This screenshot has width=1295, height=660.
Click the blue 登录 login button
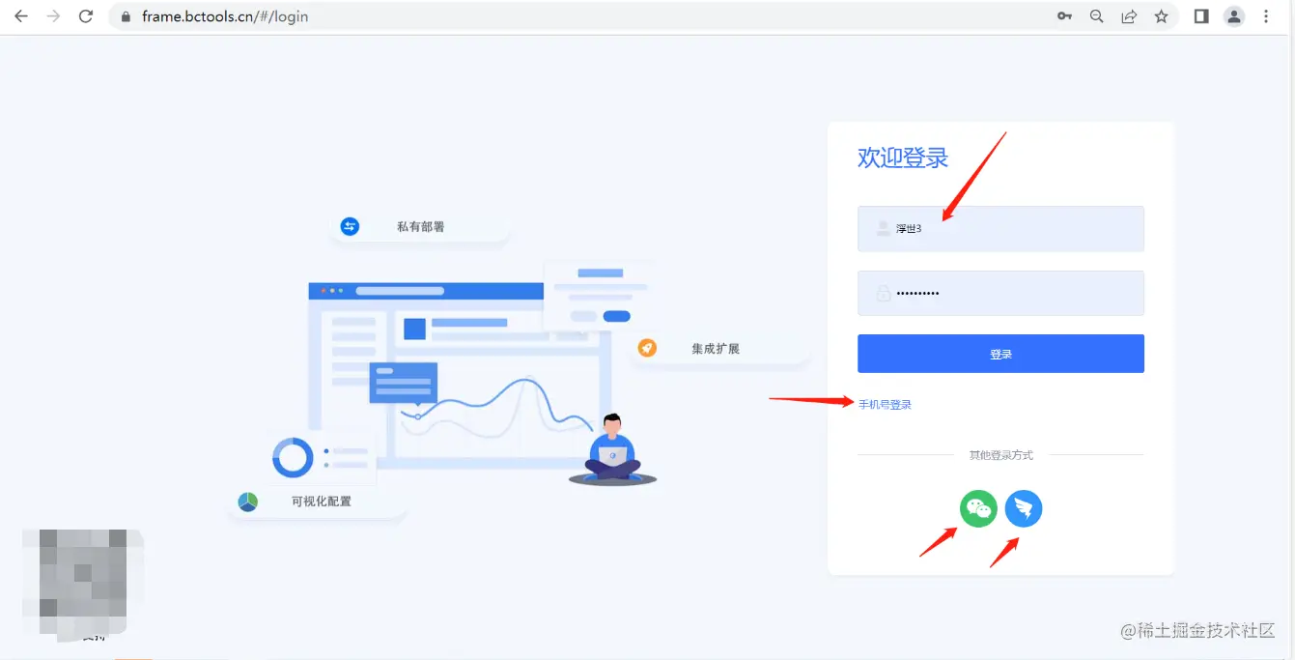[1000, 354]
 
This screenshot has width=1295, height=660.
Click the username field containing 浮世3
[1000, 229]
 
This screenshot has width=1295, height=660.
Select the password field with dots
[1000, 293]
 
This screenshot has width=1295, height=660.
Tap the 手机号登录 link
[885, 405]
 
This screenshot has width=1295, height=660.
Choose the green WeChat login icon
[978, 508]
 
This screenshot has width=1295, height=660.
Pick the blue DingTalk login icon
[1024, 508]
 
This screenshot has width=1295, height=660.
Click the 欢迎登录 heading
[903, 158]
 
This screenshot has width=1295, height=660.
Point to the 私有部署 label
[420, 227]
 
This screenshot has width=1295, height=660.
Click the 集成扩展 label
[716, 349]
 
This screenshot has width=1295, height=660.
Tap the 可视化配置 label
[322, 502]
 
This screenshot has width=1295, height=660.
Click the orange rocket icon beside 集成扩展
[647, 348]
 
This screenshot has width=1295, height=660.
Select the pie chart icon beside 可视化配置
[248, 502]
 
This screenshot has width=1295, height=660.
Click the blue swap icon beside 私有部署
[350, 226]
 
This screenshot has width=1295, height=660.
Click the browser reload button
[86, 16]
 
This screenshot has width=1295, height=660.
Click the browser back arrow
[21, 16]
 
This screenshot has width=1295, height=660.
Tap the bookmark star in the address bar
[1161, 16]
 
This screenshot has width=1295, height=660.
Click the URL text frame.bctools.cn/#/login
[225, 16]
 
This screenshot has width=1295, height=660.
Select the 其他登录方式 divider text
[1000, 455]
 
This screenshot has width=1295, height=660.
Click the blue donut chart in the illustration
[293, 457]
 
